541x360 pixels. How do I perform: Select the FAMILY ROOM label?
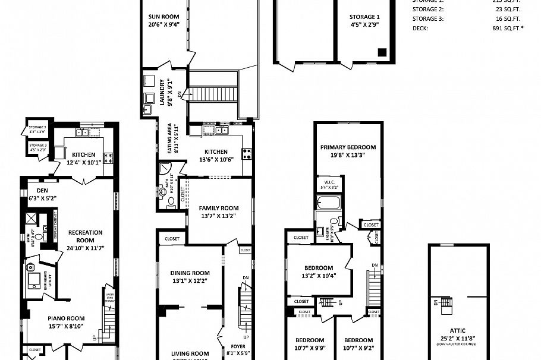(219, 208)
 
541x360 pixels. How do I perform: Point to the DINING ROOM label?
(191, 273)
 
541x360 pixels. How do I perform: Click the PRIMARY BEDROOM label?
(348, 147)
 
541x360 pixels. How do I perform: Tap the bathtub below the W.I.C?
(329, 203)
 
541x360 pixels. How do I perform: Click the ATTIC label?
(458, 330)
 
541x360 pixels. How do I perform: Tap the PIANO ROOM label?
(67, 318)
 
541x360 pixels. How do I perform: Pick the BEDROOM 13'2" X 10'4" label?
(319, 268)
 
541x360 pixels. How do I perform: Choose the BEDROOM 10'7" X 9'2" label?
(358, 340)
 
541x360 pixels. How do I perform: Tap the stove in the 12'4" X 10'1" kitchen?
(109, 157)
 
